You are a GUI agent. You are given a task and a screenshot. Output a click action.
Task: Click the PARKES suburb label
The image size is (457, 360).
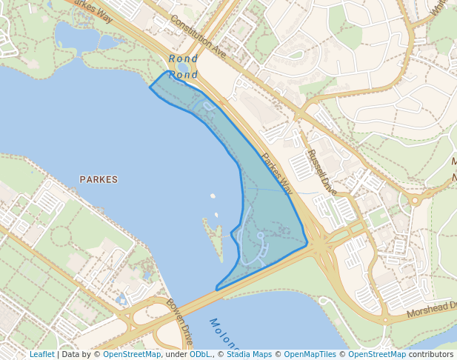(99, 179)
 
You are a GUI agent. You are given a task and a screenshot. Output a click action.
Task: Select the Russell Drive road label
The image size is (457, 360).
(322, 173)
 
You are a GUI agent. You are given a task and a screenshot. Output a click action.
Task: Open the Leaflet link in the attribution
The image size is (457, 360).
(41, 355)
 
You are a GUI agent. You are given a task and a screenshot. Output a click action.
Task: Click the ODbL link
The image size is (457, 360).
(200, 355)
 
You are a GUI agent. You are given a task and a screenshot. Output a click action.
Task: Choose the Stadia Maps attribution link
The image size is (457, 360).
(248, 355)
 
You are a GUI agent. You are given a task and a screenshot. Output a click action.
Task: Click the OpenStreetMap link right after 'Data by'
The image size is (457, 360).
(131, 355)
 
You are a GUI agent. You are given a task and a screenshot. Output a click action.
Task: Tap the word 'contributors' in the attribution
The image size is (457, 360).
(431, 355)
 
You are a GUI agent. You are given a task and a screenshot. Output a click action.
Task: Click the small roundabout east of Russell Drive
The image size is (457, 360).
(416, 200)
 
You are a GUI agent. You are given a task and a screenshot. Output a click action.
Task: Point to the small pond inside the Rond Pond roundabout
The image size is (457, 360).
(182, 69)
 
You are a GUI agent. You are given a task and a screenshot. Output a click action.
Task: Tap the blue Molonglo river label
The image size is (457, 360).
(224, 335)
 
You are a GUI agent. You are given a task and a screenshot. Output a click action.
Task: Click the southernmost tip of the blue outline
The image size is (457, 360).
(216, 288)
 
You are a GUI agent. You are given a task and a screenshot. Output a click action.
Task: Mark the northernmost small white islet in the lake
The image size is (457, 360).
(213, 196)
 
